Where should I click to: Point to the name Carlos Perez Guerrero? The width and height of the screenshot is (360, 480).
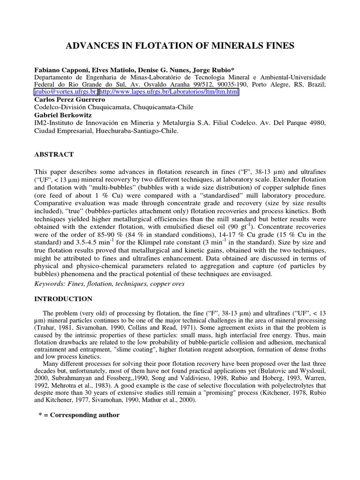point(70,100)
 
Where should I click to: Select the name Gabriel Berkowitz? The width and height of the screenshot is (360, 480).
point(62,115)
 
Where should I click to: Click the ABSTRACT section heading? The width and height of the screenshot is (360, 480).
point(54,154)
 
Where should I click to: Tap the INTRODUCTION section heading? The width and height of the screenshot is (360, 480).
point(63,299)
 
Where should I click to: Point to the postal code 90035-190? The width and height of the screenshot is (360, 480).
point(251,85)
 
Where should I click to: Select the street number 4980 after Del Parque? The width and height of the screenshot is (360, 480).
point(315,123)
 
